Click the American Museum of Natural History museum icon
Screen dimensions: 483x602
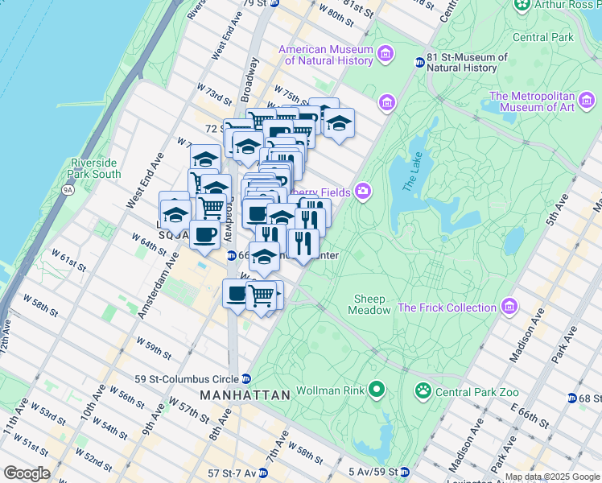(x=386, y=55)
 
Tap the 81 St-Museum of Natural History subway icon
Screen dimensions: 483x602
(x=419, y=63)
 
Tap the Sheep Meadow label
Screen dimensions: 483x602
(x=370, y=304)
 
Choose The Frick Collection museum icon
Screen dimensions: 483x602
(x=508, y=307)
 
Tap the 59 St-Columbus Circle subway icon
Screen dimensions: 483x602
(x=246, y=379)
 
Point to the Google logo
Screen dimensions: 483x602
(x=26, y=473)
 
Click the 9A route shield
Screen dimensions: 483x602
(x=68, y=190)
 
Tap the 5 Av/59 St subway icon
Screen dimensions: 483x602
(x=406, y=472)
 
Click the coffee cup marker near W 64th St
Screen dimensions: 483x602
(x=204, y=235)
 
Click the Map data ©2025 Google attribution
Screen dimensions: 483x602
(x=552, y=477)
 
